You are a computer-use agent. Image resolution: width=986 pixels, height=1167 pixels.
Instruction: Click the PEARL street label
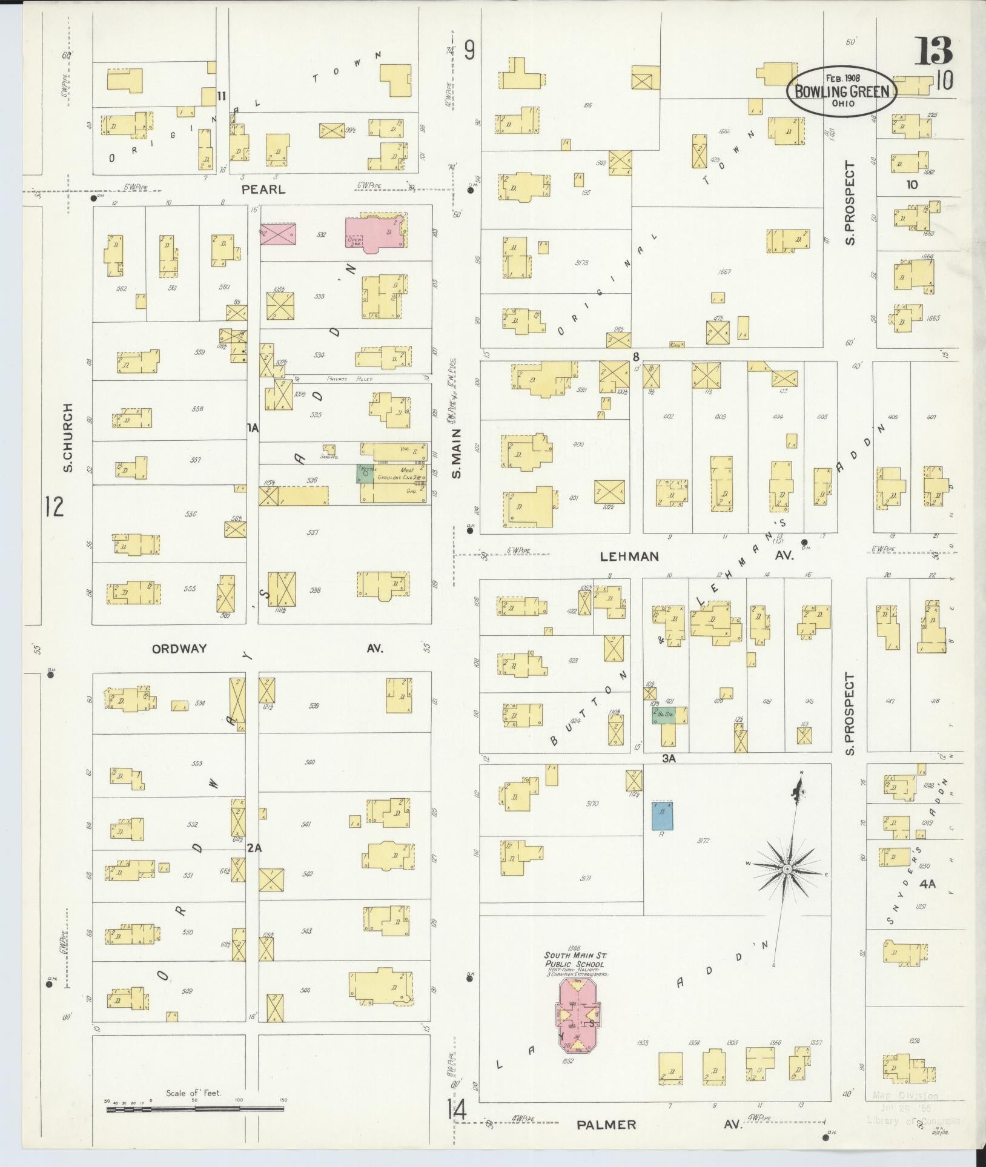(x=263, y=189)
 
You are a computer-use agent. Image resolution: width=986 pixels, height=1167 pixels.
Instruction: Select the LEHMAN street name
(x=629, y=556)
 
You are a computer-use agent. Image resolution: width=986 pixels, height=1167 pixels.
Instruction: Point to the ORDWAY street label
(x=179, y=649)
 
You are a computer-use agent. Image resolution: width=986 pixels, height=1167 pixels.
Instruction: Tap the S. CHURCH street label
(x=68, y=438)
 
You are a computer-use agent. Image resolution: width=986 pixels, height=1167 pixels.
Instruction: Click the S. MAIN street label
(x=457, y=453)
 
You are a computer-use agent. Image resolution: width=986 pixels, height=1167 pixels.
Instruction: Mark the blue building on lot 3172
(x=662, y=815)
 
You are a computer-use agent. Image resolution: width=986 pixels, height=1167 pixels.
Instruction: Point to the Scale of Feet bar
(x=195, y=1109)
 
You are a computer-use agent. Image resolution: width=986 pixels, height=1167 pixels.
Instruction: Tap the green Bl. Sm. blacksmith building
(x=669, y=715)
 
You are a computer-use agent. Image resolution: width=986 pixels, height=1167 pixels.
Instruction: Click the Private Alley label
(x=349, y=379)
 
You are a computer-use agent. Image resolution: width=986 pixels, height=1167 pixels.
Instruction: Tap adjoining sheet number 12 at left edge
(x=53, y=506)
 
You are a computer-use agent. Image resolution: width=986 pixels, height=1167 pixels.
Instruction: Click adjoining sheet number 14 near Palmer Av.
(x=457, y=1110)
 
